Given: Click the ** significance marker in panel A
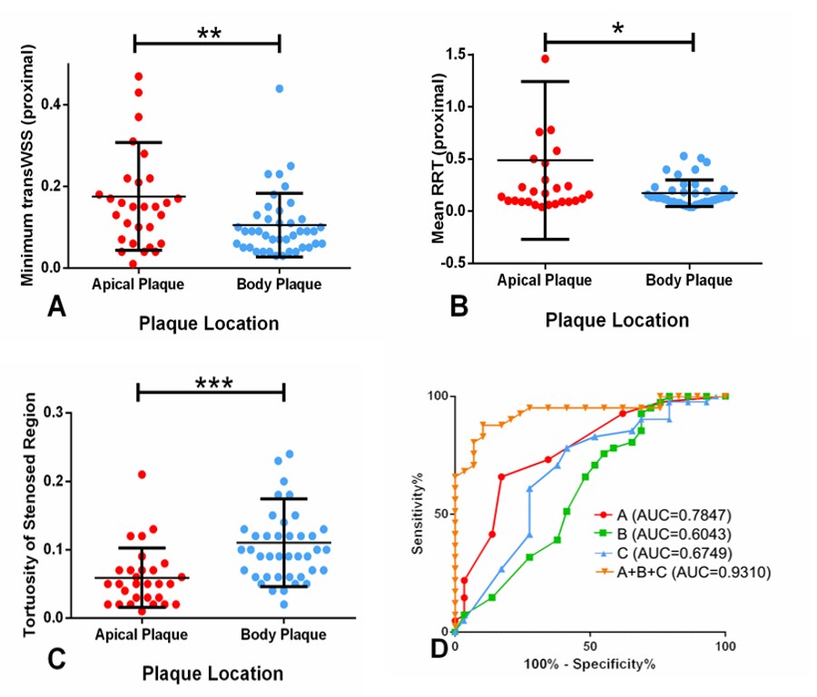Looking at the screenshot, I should click(x=208, y=33).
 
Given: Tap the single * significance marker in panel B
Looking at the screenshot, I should click(x=618, y=28).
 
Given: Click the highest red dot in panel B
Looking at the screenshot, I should click(x=546, y=59).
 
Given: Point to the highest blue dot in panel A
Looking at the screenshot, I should click(x=280, y=89).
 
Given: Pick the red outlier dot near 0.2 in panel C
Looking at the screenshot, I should click(x=142, y=475).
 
